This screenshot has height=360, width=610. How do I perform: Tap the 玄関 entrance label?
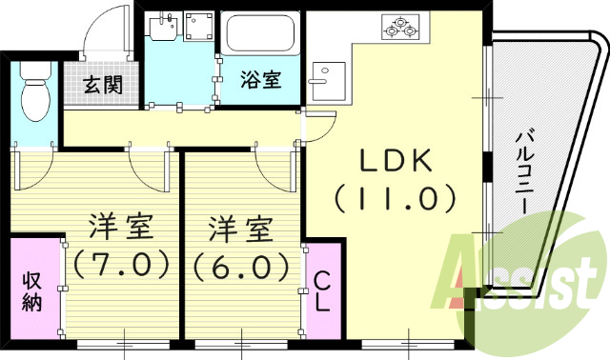(102, 85)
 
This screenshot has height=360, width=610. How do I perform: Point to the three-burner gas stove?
(399, 28)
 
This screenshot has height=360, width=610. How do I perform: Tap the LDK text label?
(396, 162)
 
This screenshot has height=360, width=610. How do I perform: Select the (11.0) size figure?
(396, 198)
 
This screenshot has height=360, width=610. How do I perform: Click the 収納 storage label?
(31, 291)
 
